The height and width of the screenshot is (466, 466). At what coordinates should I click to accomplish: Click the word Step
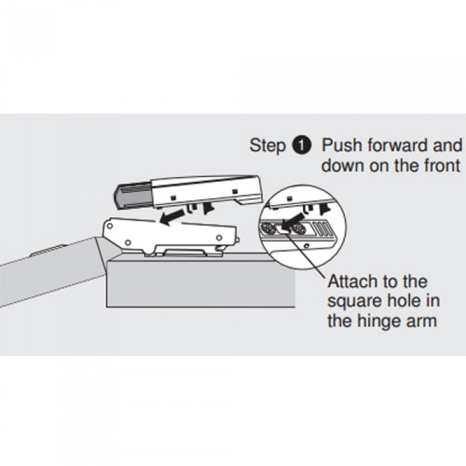267,146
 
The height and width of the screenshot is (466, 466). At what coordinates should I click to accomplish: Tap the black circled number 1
302,146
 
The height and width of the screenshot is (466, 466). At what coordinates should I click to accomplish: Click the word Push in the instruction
342,145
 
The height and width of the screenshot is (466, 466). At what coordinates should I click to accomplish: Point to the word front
441,165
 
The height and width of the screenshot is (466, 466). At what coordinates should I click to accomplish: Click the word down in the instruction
343,165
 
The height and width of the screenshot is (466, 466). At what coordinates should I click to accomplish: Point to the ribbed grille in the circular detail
322,229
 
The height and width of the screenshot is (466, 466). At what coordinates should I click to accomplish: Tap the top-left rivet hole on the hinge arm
110,226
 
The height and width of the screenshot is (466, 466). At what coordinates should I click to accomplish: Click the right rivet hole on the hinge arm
219,238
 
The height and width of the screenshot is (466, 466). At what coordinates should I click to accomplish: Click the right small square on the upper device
235,191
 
